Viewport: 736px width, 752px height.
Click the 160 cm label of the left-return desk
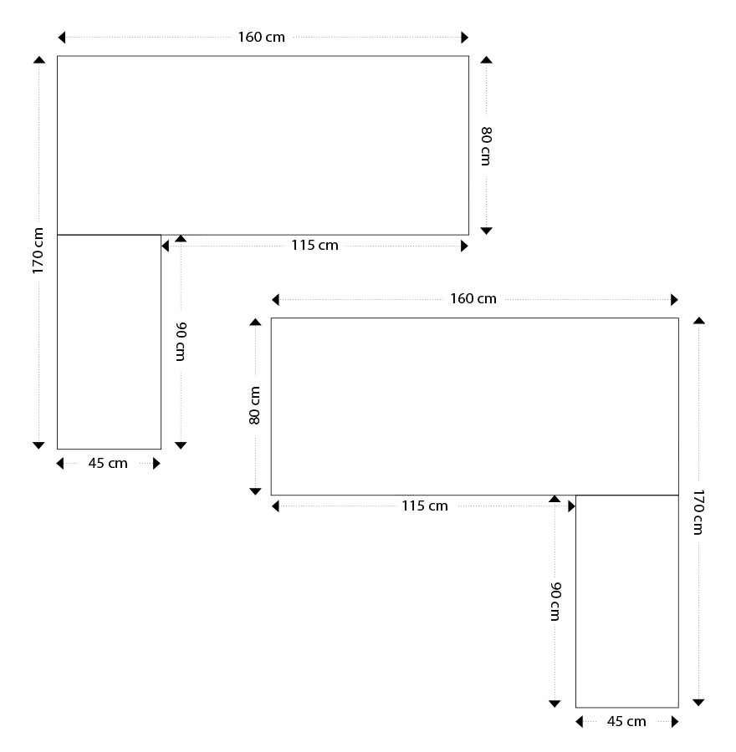tap(261, 38)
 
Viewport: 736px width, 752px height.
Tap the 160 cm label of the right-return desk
tap(473, 299)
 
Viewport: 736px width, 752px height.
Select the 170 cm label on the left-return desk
tap(38, 251)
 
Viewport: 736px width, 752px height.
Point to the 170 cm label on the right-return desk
tap(698, 511)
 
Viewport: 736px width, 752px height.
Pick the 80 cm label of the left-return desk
tap(486, 146)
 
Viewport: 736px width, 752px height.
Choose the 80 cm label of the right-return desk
tap(254, 405)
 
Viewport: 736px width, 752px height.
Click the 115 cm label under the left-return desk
tap(314, 246)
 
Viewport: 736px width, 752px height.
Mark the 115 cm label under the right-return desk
tap(424, 506)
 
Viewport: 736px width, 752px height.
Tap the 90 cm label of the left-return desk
tap(181, 342)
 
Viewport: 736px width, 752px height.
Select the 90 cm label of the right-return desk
tap(555, 602)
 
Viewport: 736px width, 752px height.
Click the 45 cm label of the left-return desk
tap(108, 463)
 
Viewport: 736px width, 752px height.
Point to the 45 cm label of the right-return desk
tap(626, 721)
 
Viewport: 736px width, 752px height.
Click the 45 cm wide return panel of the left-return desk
tap(109, 342)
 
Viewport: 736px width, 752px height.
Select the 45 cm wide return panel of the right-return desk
tap(627, 602)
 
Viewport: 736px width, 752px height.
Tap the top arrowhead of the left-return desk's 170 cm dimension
tap(38, 60)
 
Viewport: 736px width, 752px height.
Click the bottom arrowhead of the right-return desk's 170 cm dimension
tap(698, 703)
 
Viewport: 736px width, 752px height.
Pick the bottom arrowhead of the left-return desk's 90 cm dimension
tap(181, 445)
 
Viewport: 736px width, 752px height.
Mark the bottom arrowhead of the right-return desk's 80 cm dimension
tap(255, 491)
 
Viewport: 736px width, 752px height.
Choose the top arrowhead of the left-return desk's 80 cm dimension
tap(487, 60)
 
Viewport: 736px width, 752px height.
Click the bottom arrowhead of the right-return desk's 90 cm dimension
tap(555, 704)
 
